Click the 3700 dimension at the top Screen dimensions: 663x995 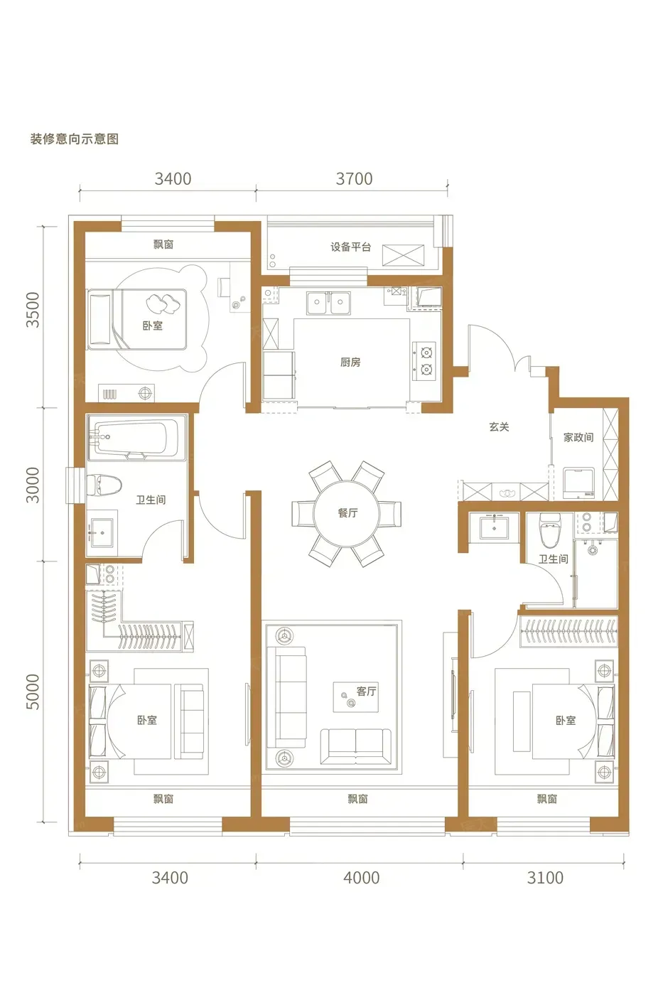point(354,178)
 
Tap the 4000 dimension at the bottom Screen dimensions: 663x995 point(362,878)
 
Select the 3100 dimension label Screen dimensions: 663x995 point(545,878)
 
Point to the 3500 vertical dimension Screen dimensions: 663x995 point(33,310)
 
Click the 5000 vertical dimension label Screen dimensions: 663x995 point(33,692)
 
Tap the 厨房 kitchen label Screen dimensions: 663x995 point(350,362)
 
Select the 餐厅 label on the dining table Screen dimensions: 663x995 point(347,513)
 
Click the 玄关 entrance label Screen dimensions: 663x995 point(499,427)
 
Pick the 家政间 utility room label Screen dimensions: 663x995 point(578,438)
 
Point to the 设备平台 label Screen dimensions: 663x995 point(350,247)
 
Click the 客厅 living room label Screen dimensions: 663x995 point(367,691)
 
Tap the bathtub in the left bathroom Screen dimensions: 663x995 point(136,438)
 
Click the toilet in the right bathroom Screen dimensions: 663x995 point(550,530)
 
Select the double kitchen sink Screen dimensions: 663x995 point(328,303)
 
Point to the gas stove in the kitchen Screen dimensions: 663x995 point(424,361)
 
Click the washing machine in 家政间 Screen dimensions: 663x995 point(578,483)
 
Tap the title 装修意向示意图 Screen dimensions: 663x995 point(74,139)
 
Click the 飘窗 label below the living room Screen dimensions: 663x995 point(357,799)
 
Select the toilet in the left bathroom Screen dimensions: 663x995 point(104,485)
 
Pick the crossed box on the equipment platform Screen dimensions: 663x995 point(403,255)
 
